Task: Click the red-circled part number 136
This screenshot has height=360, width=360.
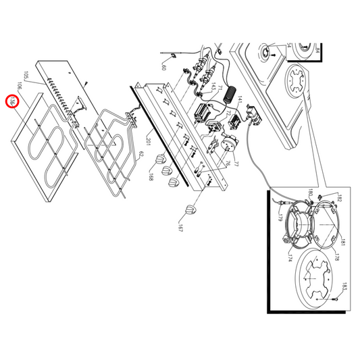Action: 11,102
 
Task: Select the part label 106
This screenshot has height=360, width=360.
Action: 20,86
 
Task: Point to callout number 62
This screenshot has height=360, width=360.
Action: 141,155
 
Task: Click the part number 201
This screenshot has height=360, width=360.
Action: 148,141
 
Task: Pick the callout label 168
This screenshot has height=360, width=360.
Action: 152,178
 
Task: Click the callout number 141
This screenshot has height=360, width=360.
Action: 239,99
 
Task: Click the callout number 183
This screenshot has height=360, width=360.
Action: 344,286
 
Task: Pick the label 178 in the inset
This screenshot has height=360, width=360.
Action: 336,258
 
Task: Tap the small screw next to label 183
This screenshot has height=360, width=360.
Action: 335,298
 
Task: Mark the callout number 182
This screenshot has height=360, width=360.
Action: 340,199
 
